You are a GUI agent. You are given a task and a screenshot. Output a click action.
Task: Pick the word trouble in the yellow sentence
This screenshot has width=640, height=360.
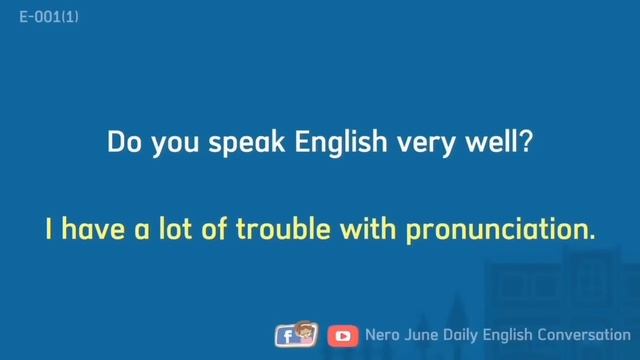[277, 229]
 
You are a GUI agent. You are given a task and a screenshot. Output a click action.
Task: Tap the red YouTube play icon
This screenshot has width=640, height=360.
[343, 336]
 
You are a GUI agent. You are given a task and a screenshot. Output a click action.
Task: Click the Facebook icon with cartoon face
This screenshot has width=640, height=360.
[296, 335]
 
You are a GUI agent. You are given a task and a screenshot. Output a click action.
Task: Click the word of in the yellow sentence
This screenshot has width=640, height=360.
[215, 229]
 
